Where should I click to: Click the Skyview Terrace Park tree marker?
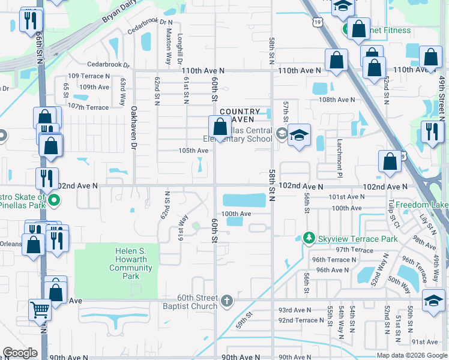309,239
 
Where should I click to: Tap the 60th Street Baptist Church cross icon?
226,300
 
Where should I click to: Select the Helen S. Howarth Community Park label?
135,263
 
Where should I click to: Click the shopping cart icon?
40,310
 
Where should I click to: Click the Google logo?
20,353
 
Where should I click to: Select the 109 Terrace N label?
89,76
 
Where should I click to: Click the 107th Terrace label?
88,107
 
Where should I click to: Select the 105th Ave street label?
193,150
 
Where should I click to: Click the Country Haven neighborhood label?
240,116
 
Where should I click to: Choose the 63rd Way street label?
122,94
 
